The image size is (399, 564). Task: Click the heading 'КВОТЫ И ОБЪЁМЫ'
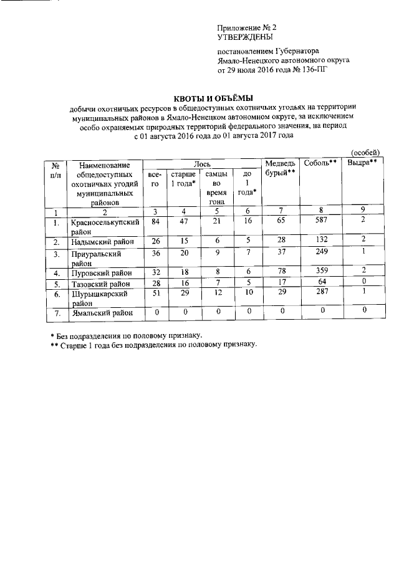click(x=213, y=98)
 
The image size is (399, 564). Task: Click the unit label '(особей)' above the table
click(x=365, y=152)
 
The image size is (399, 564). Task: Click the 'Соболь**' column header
click(x=320, y=163)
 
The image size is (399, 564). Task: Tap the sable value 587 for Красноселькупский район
click(x=320, y=221)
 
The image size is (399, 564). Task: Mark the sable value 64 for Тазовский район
click(x=320, y=283)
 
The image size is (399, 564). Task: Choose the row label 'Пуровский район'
click(x=100, y=272)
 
